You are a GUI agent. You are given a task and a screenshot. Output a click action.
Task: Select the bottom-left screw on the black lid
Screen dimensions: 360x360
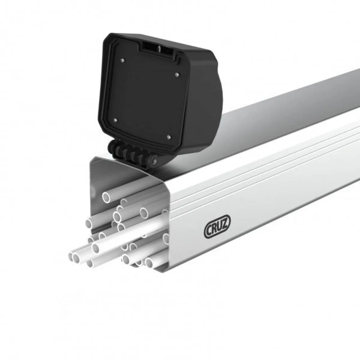pyautogui.click(x=115, y=120)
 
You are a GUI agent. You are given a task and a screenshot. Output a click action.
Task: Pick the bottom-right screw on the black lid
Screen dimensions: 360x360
pyautogui.click(x=168, y=137)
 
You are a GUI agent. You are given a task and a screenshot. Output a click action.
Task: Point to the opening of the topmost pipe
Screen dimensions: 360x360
pyautogui.click(x=106, y=197)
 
